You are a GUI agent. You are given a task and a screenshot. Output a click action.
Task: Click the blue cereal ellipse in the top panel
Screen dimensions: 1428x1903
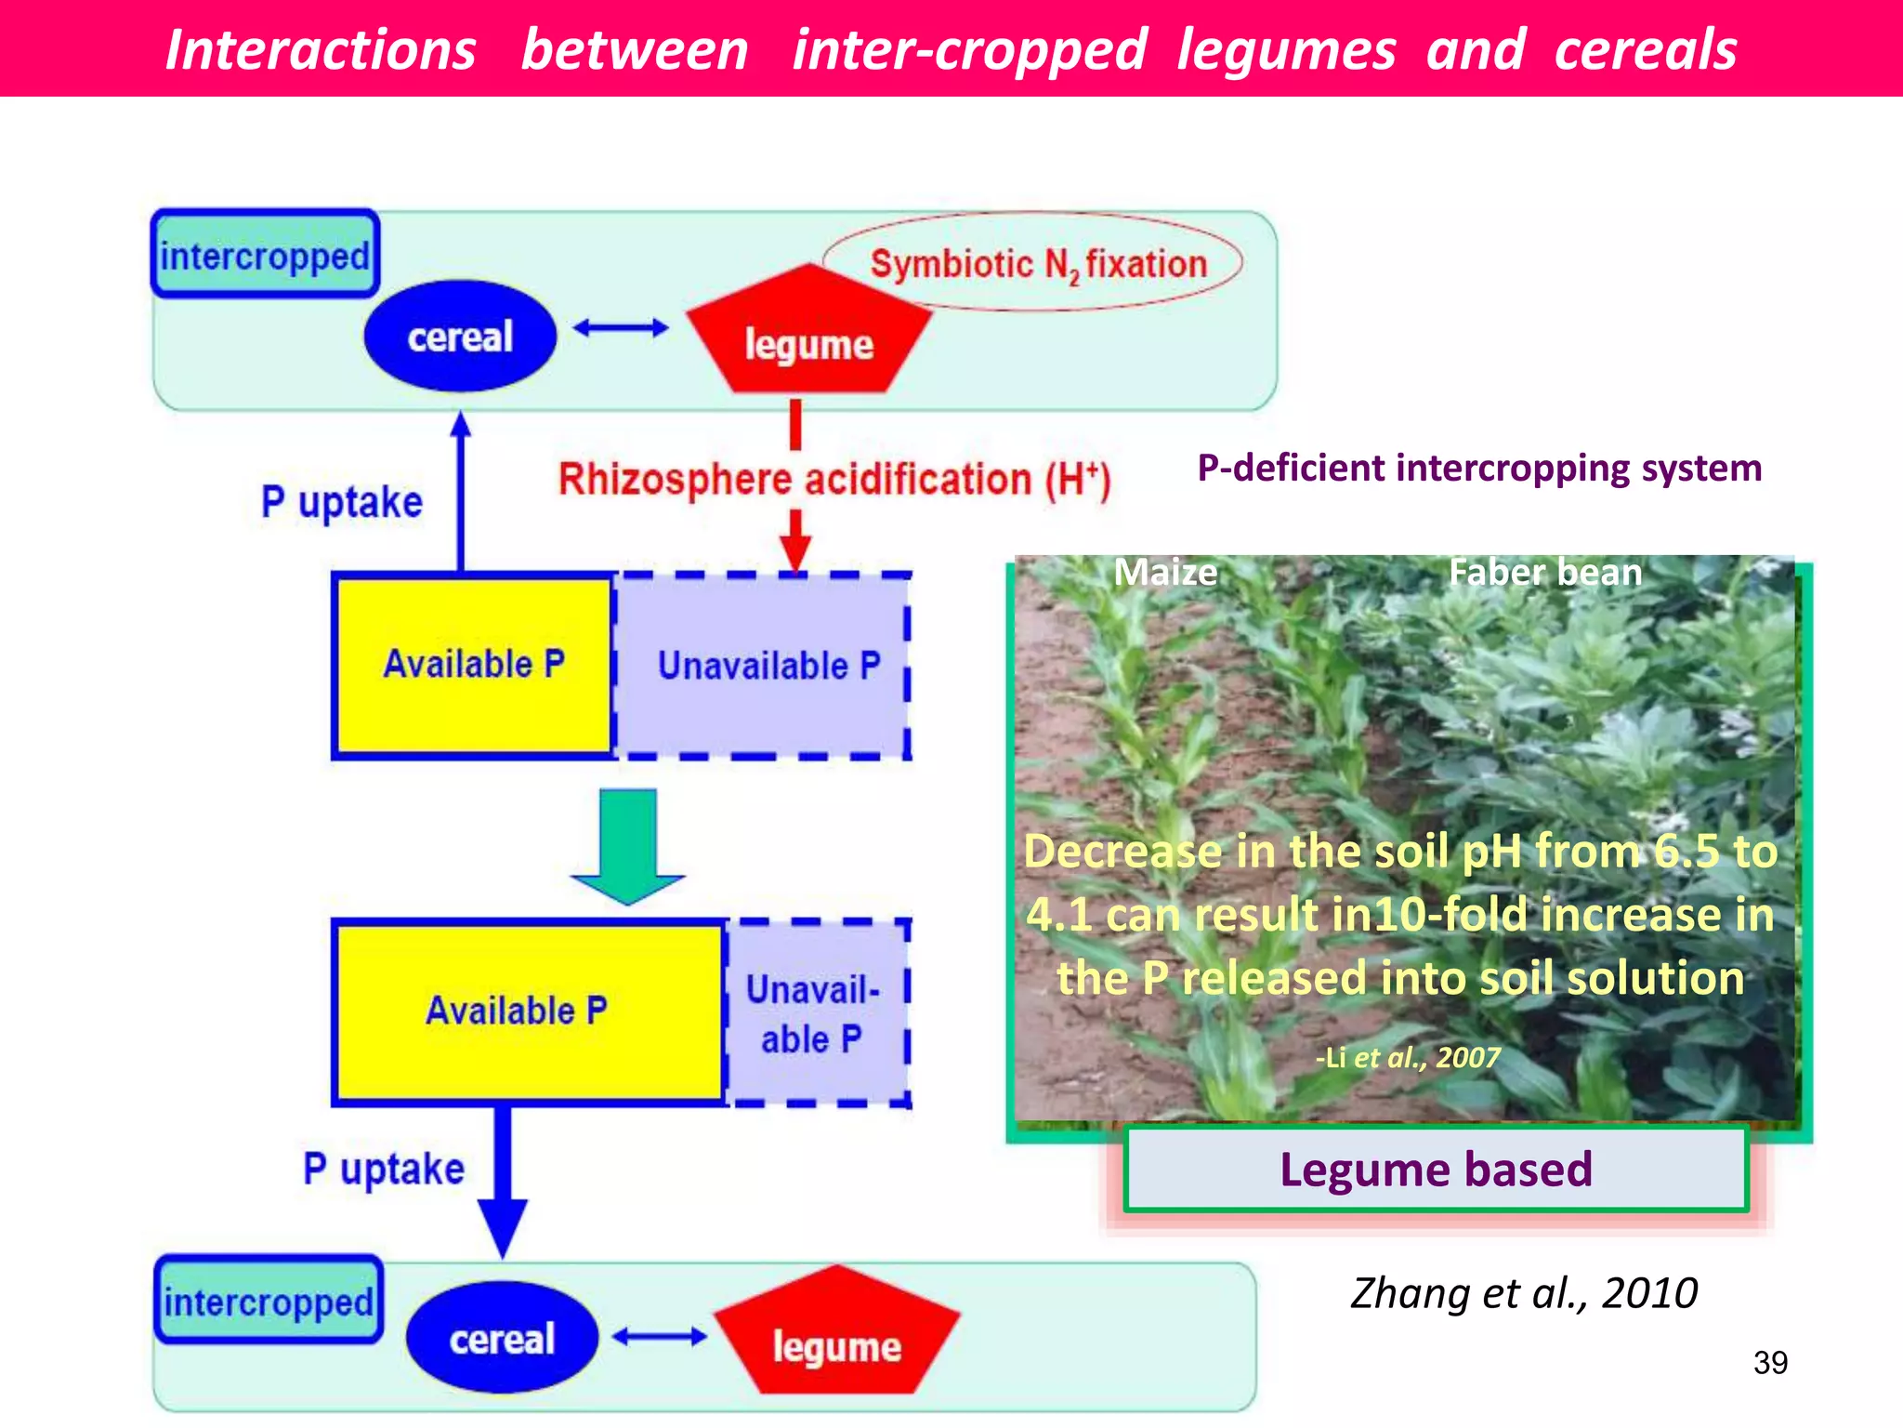(460, 337)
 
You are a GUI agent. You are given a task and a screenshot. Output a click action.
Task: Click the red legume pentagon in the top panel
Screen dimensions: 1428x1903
(807, 338)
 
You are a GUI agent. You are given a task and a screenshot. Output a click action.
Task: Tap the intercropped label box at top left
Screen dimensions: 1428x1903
(266, 255)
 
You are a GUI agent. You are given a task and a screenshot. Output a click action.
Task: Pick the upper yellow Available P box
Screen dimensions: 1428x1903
(474, 665)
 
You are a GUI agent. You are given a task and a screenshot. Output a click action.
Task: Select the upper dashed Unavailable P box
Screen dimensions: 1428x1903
(768, 666)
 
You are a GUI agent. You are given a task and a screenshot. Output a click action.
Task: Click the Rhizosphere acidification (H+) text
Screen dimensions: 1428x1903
(833, 480)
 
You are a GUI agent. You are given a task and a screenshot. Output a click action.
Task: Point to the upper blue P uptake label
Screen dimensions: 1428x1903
(341, 502)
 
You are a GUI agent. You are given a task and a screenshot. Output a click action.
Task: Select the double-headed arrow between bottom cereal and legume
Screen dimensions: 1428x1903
(659, 1337)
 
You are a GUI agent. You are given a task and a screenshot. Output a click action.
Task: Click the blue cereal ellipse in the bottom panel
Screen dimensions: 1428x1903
(502, 1338)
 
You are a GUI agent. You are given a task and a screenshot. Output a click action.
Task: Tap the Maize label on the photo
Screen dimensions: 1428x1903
(1164, 572)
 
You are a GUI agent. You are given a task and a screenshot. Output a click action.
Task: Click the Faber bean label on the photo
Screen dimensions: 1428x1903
(1544, 572)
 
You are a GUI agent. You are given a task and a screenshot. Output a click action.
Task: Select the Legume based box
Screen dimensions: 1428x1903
(1436, 1170)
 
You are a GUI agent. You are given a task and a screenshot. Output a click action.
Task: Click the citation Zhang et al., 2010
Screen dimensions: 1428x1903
(1523, 1293)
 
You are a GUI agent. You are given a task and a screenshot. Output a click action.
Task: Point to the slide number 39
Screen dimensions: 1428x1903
(1769, 1363)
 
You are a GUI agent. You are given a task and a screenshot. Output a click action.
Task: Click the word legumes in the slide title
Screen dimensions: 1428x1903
(1286, 50)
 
